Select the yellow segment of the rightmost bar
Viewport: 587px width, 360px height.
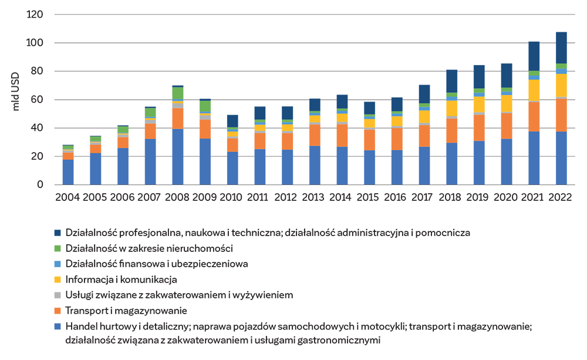click(x=561, y=84)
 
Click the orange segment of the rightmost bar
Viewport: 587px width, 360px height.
click(x=561, y=115)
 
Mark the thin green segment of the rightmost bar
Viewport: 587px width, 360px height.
click(x=561, y=65)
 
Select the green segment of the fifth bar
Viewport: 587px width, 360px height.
click(x=177, y=93)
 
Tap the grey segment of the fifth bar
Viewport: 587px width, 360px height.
click(x=177, y=106)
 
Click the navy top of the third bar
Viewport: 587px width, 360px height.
click(x=123, y=119)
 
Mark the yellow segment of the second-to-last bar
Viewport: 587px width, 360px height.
click(x=534, y=90)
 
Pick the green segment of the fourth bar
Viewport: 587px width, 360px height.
click(x=150, y=112)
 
